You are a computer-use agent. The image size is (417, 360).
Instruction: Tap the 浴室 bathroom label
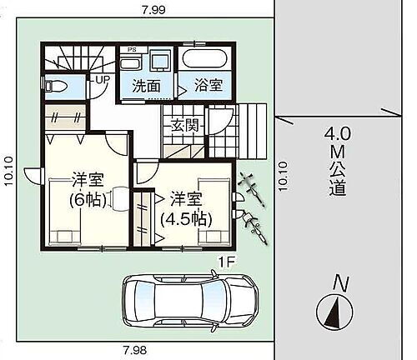(x=203, y=85)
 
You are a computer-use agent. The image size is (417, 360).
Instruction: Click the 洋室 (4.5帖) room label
(x=188, y=208)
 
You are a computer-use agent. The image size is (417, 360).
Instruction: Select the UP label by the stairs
(x=103, y=79)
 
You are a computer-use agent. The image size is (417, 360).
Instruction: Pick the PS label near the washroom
(x=131, y=50)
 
